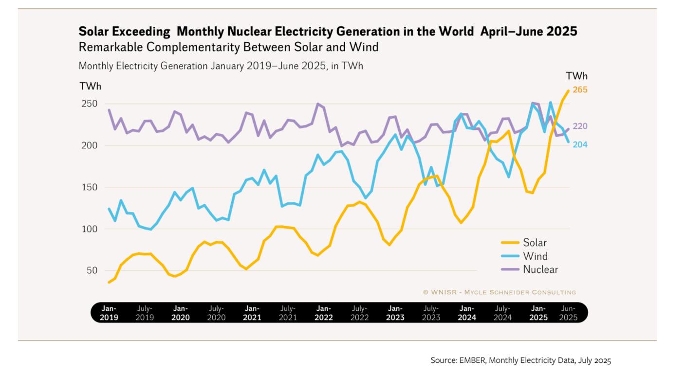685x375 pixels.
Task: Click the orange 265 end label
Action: (x=580, y=90)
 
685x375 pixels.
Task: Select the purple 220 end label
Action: (x=580, y=126)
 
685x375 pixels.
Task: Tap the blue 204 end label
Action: (x=580, y=145)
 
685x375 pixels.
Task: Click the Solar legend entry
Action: (x=535, y=243)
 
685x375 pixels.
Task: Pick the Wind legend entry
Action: (x=535, y=256)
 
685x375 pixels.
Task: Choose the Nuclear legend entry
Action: (x=540, y=269)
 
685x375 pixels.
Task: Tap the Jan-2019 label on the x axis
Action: (x=109, y=313)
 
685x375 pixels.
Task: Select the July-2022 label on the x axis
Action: (x=359, y=313)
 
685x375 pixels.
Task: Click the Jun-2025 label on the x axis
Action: (x=568, y=313)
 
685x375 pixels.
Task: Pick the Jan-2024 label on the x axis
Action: (x=467, y=313)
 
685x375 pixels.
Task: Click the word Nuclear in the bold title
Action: (x=245, y=32)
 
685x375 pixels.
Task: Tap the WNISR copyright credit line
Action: (x=500, y=292)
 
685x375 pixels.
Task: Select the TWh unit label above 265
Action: (x=576, y=76)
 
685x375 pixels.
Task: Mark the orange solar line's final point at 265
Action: (x=568, y=90)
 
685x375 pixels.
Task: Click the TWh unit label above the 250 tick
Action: (x=91, y=87)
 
